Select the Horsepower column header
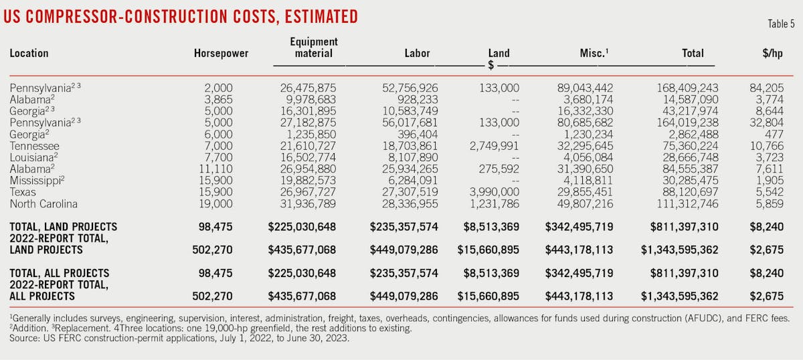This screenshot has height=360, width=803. click(x=221, y=54)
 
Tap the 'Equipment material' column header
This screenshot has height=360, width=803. click(x=314, y=48)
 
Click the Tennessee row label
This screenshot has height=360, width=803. click(x=35, y=146)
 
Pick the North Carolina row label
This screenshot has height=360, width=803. click(x=43, y=204)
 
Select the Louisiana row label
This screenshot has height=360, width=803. click(x=33, y=158)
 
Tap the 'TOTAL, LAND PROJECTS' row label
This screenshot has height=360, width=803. click(x=64, y=227)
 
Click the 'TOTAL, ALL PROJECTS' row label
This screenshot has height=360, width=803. click(x=60, y=274)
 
